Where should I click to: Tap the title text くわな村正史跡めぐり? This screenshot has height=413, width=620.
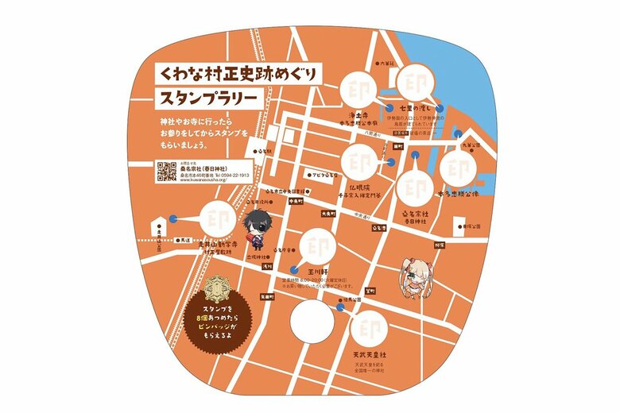pos(236,75)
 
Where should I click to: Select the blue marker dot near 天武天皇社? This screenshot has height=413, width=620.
pos(343,312)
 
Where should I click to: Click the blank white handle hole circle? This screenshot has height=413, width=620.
pos(311,325)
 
